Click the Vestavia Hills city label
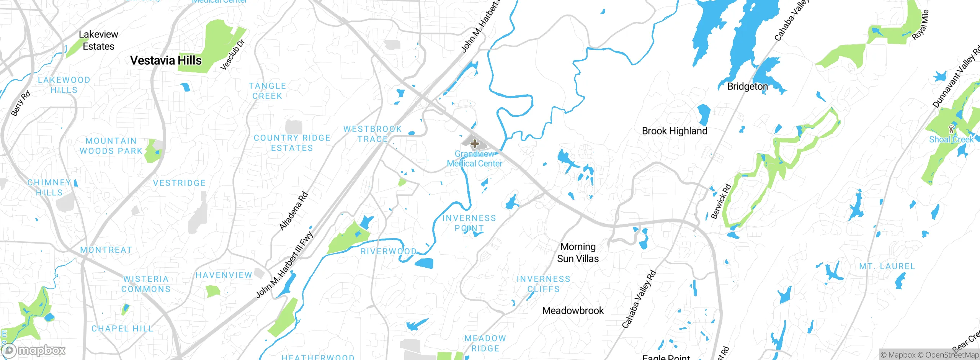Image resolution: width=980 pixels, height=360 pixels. coord(166,61)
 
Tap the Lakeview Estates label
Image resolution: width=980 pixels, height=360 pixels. coord(98,40)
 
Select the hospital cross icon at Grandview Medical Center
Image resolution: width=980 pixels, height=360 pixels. coord(475,144)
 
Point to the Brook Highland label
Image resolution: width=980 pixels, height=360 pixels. coord(675,131)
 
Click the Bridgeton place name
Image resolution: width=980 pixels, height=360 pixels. coord(747,87)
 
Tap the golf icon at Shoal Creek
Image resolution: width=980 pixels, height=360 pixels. coord(951,129)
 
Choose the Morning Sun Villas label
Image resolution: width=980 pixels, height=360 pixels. coord(578,252)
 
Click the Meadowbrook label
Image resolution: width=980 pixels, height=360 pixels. coord(573,311)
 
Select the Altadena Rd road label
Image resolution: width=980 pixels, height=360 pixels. coord(294,211)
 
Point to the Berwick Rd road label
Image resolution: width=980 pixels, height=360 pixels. coord(721,201)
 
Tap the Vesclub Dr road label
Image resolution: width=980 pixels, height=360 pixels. coord(232,55)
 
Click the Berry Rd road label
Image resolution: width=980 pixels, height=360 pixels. coord(20,103)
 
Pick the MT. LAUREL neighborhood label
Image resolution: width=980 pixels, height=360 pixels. coord(887,267)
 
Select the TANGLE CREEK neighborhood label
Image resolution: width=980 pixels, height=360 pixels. coord(267,91)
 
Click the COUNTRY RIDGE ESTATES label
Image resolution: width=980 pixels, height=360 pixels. coord(292,143)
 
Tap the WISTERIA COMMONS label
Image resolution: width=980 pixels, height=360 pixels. coord(146,284)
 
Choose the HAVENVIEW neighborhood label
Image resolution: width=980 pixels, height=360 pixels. coord(224,275)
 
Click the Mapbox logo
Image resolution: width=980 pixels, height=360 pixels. coord(34,350)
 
